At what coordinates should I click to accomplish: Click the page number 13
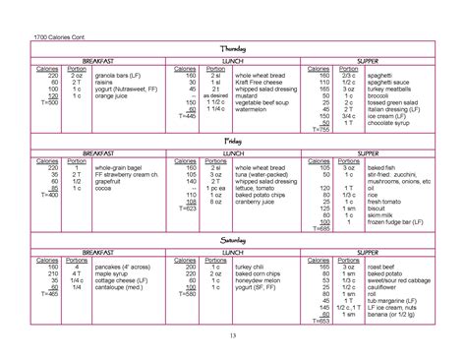point(232,339)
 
